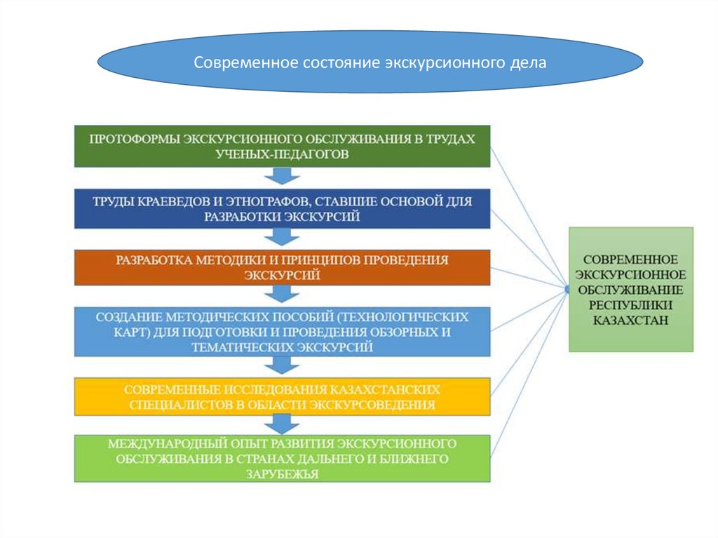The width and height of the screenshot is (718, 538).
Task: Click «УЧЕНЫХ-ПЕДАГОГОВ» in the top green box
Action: click(283, 154)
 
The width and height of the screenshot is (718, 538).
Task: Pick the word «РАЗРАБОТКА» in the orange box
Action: click(155, 260)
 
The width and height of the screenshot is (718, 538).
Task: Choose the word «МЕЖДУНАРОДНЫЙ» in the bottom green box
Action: click(161, 445)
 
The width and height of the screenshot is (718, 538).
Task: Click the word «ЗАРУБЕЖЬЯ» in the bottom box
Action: click(283, 475)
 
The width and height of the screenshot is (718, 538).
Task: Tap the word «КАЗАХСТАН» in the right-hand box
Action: click(630, 320)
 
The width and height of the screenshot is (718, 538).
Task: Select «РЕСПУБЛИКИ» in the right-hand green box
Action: click(630, 304)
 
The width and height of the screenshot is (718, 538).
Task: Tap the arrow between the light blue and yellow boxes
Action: click(281, 365)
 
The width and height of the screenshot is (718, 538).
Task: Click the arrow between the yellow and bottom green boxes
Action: click(281, 423)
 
